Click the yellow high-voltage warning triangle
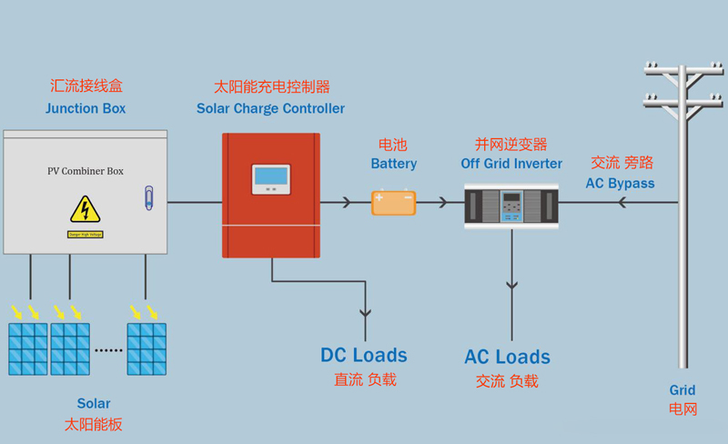(86, 210)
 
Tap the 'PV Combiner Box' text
(86, 171)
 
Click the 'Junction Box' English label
(86, 108)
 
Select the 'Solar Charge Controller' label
(270, 108)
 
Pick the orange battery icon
(393, 202)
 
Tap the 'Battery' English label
(393, 164)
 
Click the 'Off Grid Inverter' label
(511, 164)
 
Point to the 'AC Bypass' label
(620, 183)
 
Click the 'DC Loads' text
(364, 355)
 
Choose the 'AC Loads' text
(507, 357)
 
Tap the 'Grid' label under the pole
(682, 390)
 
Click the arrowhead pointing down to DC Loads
(366, 313)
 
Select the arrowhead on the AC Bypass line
(622, 202)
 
